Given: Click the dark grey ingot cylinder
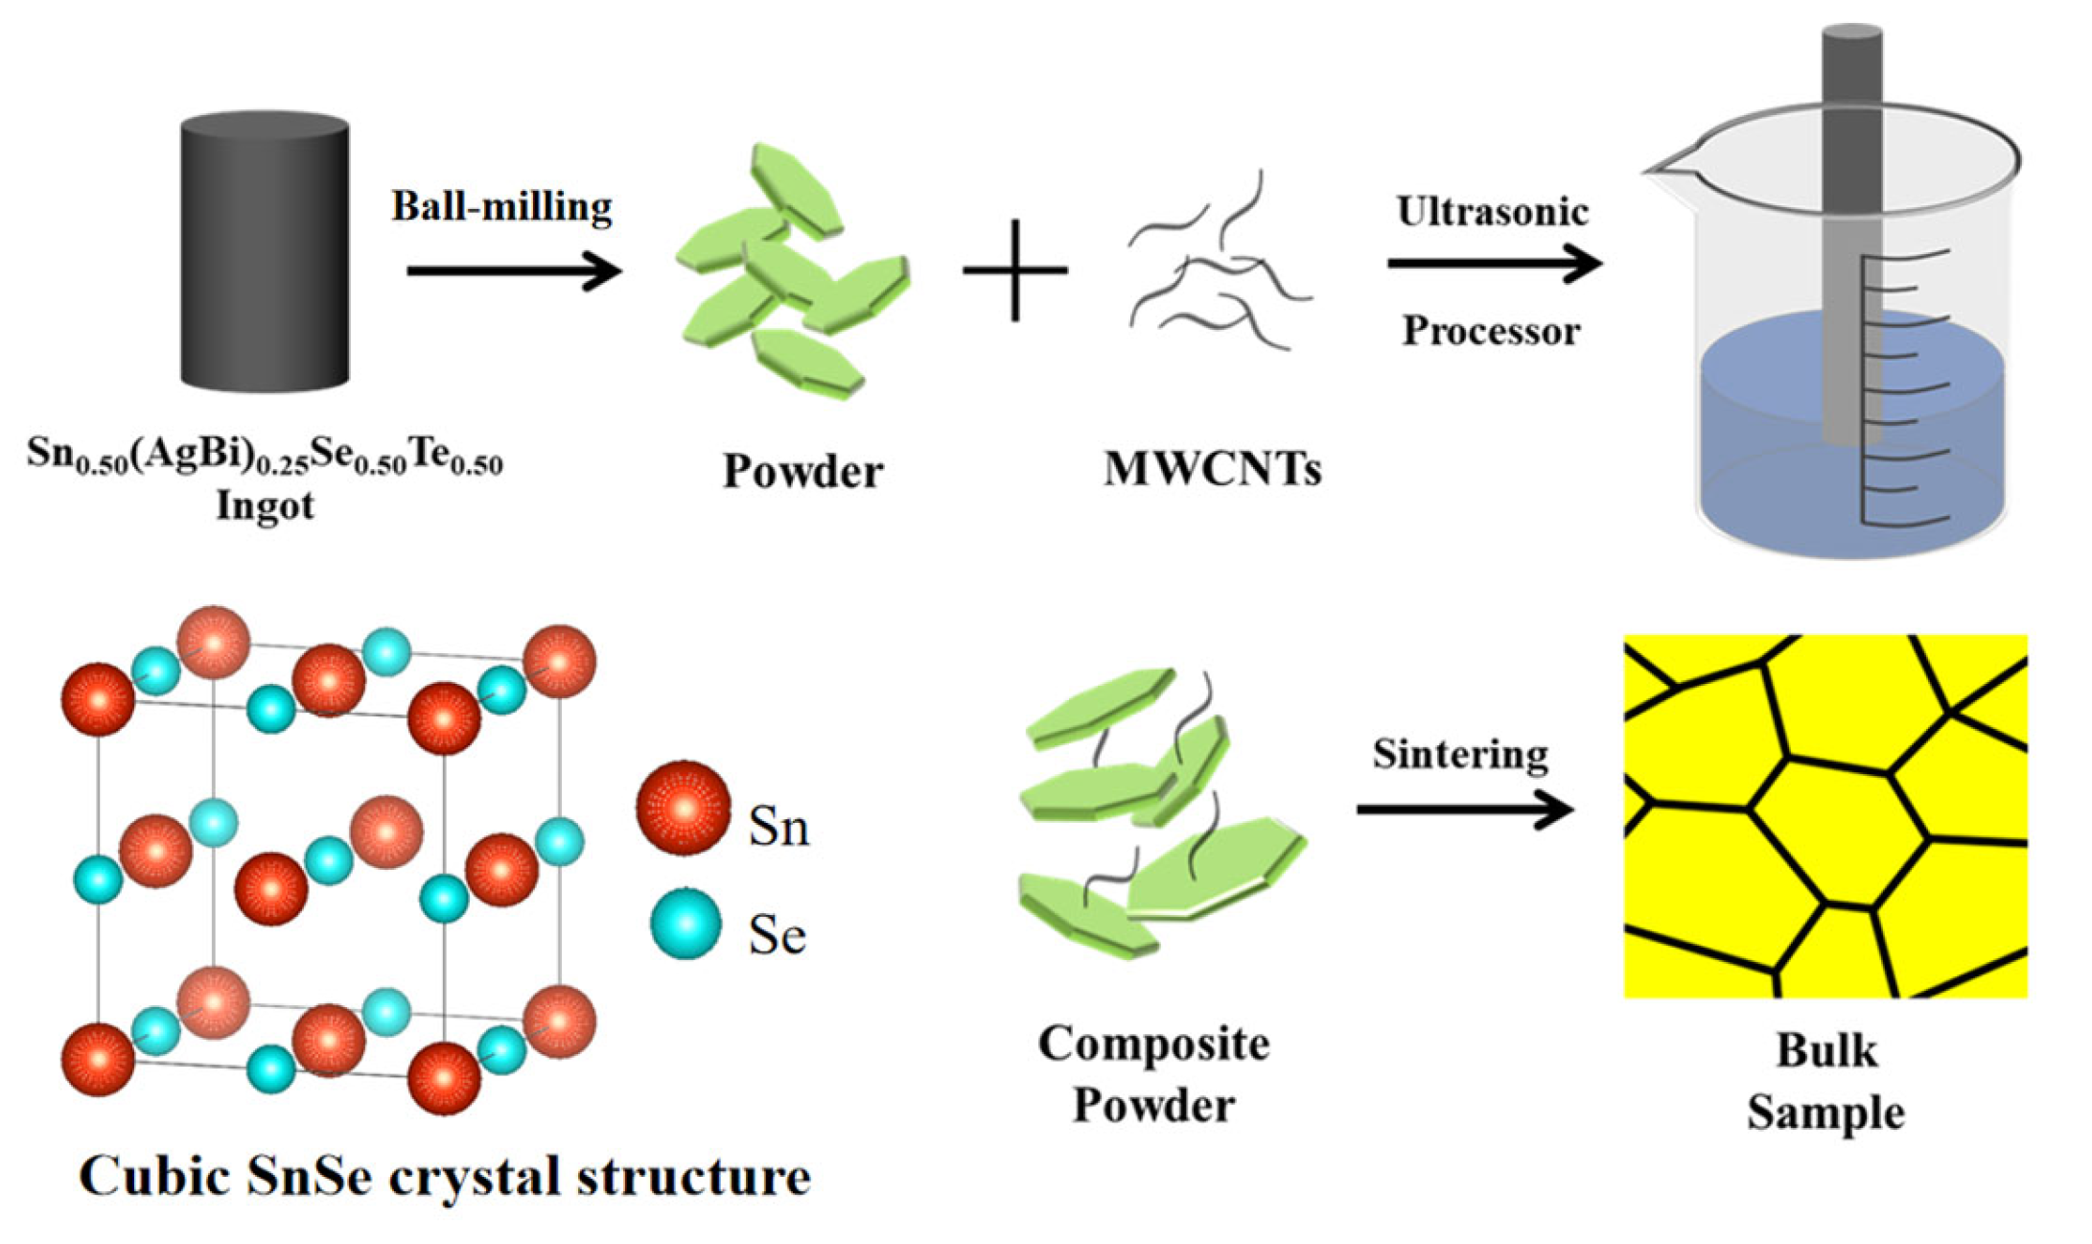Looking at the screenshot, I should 265,254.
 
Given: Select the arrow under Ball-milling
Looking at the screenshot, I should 514,270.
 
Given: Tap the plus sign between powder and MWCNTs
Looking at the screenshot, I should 1015,270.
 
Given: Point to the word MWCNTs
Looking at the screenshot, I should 1212,469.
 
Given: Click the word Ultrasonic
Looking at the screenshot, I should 1492,212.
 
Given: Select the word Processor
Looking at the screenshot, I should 1491,331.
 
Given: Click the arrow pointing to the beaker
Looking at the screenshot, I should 1494,263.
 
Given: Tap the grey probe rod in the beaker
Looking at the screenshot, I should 1851,240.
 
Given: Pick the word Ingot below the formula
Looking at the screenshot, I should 265,505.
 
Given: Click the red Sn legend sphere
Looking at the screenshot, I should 684,809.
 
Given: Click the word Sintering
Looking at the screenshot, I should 1459,754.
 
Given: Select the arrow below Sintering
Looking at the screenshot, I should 1464,810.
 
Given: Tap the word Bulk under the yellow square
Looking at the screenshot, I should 1825,1050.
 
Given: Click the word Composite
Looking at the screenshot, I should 1153,1044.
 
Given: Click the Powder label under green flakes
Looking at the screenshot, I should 802,471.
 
